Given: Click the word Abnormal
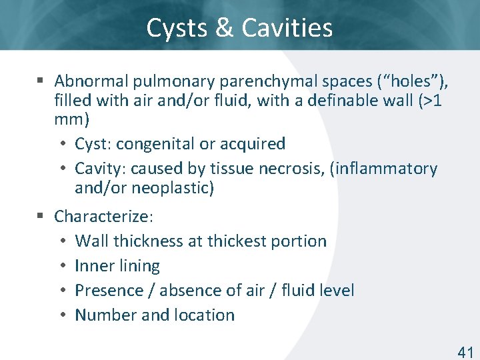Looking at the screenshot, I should click(x=91, y=81).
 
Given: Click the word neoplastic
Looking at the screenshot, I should click(x=171, y=189).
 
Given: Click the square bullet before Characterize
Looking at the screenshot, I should click(x=40, y=216).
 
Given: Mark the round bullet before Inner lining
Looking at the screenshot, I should click(x=61, y=267).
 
